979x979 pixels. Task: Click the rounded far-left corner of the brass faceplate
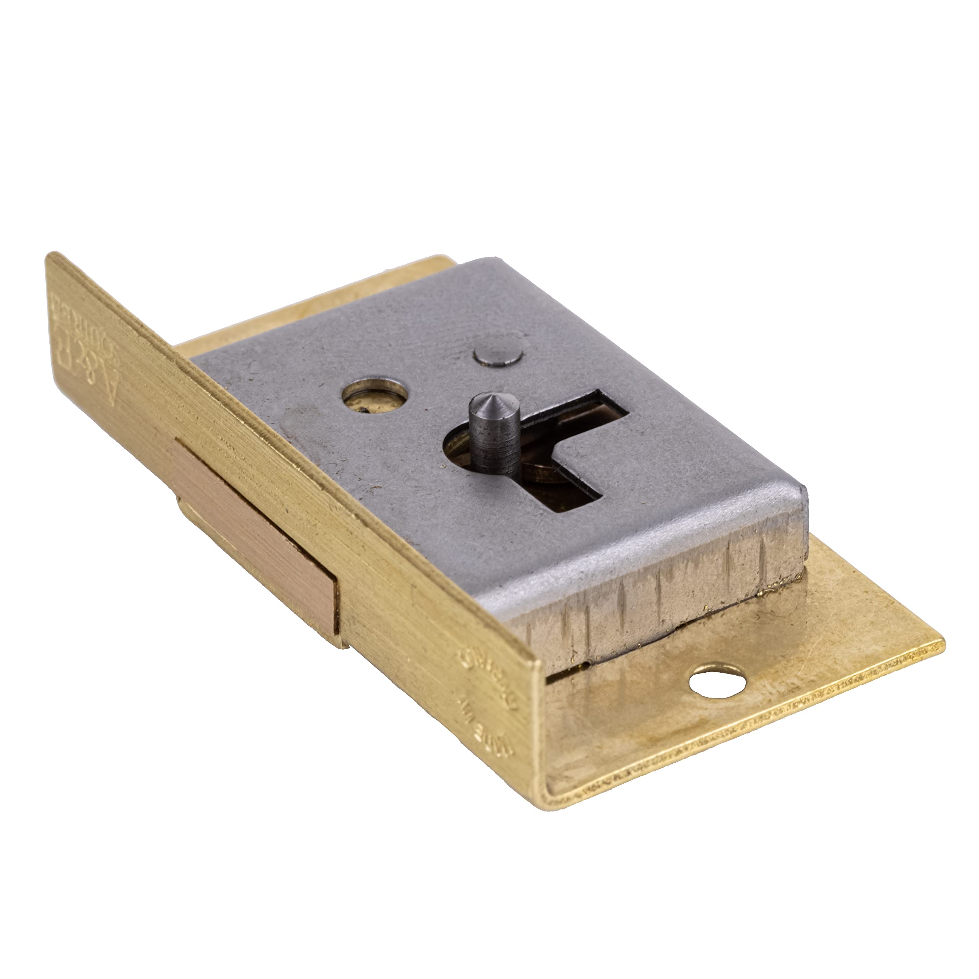[53, 259]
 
